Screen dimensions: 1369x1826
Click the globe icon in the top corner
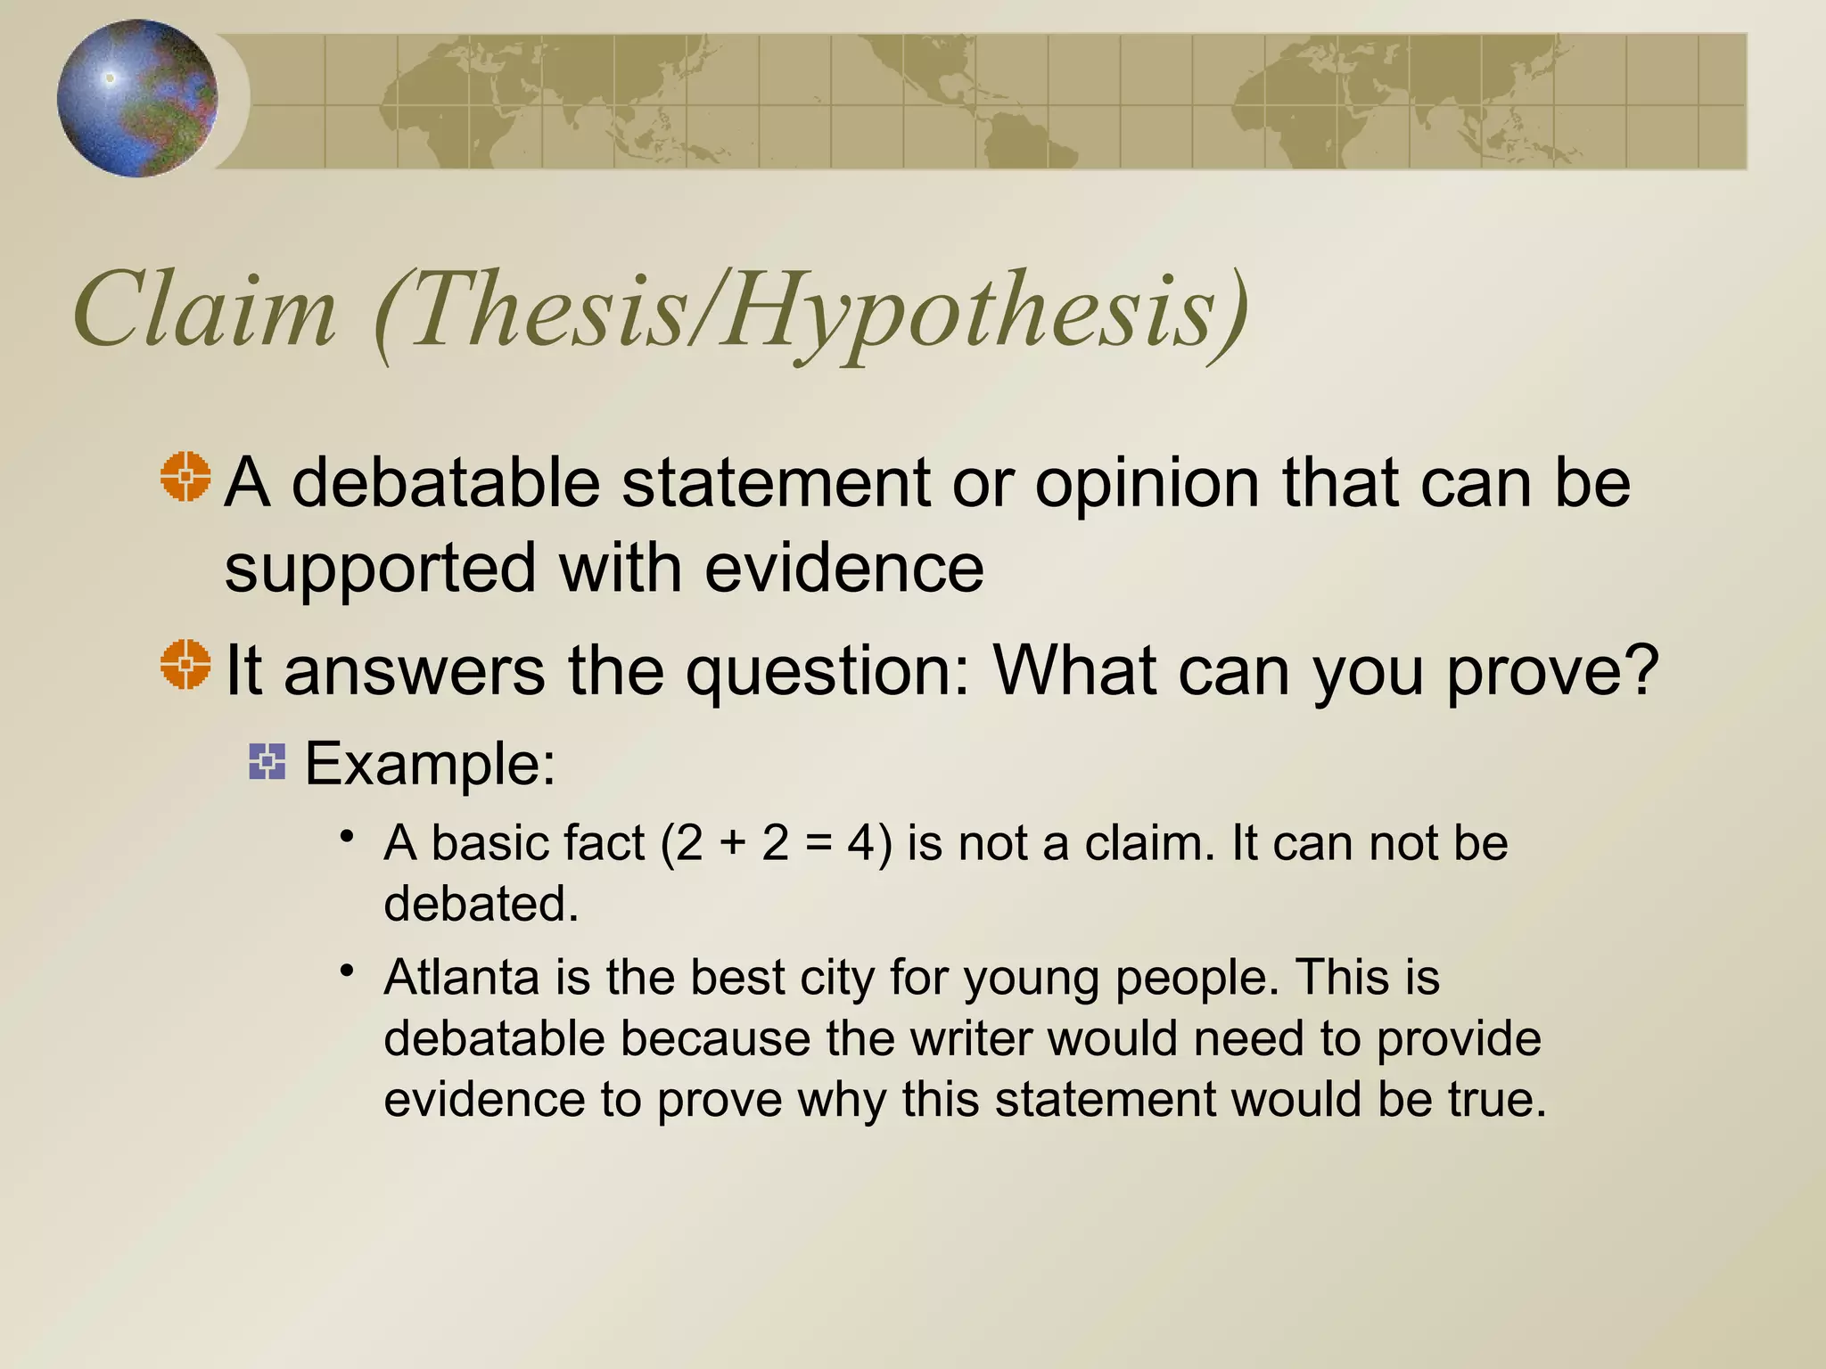point(137,98)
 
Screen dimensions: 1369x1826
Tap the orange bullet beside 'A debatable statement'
point(186,477)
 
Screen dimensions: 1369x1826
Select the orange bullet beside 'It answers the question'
point(186,664)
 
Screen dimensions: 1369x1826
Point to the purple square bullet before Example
point(267,762)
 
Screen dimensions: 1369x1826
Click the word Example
point(430,764)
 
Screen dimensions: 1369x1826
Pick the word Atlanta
point(461,977)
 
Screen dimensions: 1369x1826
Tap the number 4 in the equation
point(861,843)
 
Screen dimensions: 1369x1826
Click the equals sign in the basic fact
point(818,844)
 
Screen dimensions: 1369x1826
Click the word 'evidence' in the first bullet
point(844,568)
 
